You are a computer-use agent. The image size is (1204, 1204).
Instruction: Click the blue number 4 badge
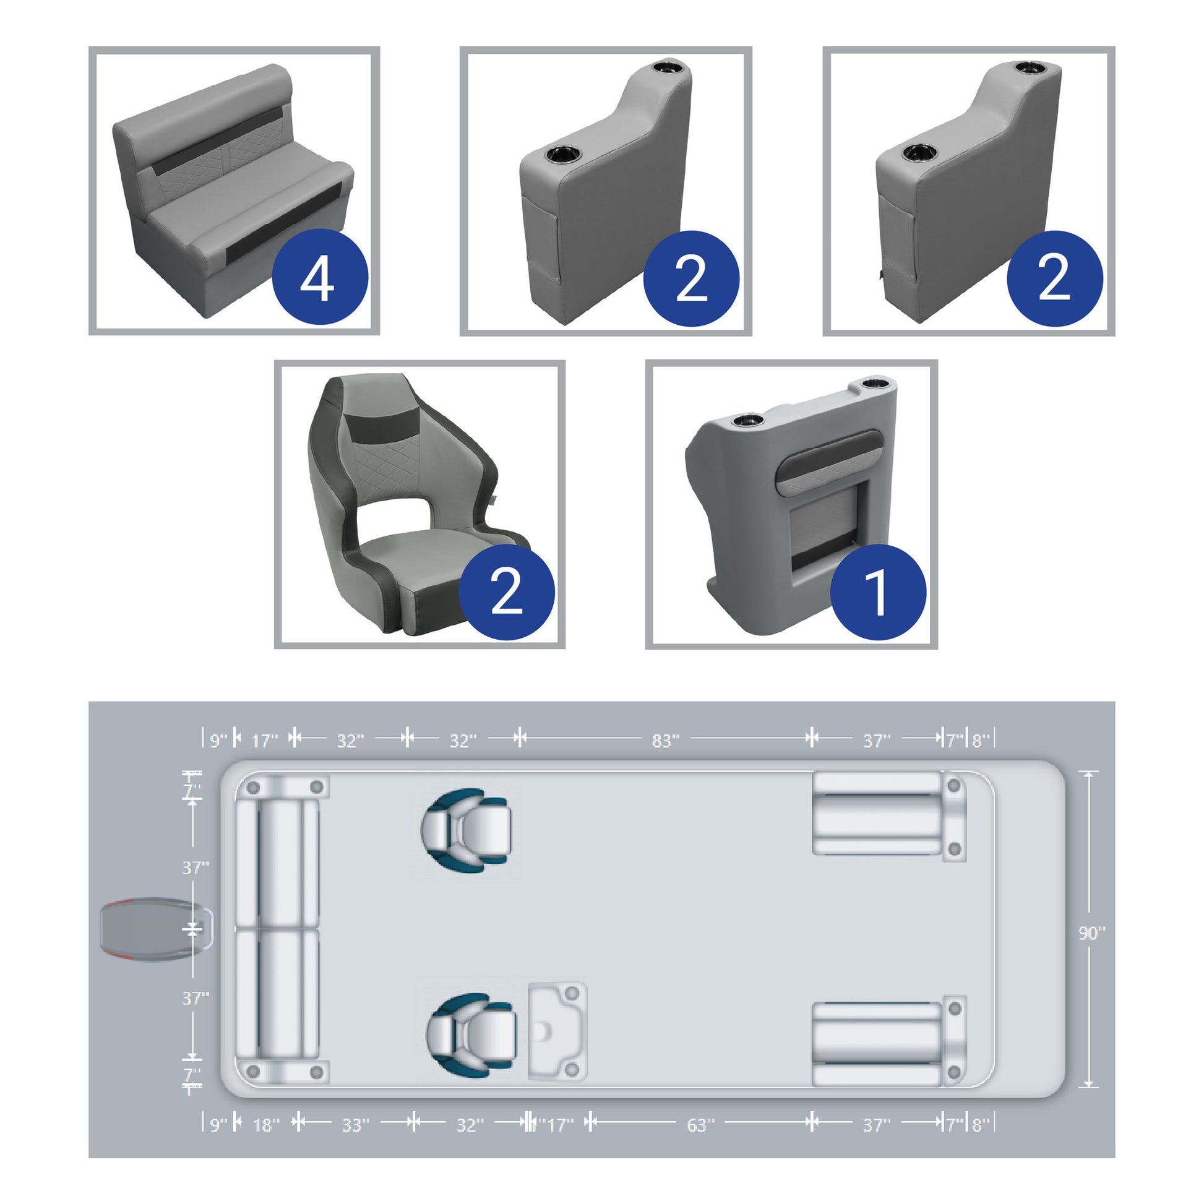pyautogui.click(x=320, y=276)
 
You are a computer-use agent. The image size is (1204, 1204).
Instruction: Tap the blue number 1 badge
pyautogui.click(x=878, y=592)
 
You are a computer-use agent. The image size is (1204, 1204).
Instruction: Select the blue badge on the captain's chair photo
pyautogui.click(x=507, y=592)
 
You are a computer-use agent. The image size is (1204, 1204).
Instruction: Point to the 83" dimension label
pyautogui.click(x=665, y=741)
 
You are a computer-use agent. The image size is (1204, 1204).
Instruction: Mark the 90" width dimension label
pyautogui.click(x=1092, y=933)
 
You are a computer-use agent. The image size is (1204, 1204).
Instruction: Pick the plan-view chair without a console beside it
pyautogui.click(x=466, y=830)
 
